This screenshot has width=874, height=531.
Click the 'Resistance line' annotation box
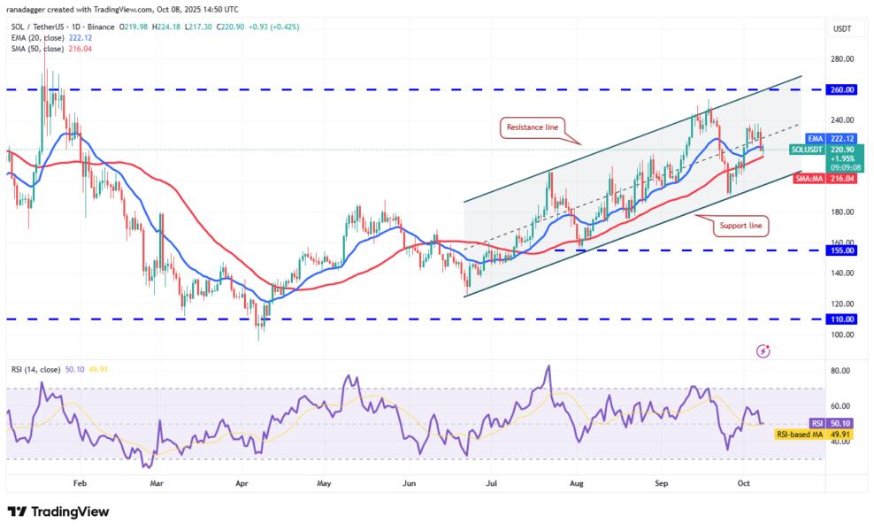click(532, 127)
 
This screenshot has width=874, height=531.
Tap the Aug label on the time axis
click(576, 484)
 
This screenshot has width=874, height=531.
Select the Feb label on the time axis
click(80, 484)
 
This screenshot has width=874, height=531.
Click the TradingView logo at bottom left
click(58, 512)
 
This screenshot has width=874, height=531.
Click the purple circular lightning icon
click(763, 351)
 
